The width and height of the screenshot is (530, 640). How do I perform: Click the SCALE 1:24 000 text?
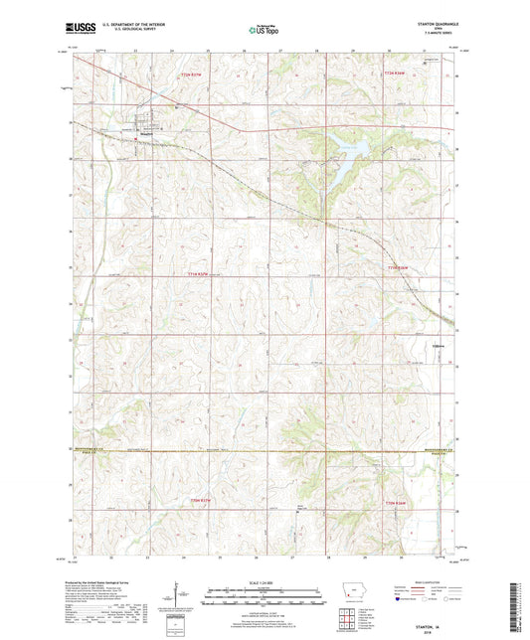click(264, 582)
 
